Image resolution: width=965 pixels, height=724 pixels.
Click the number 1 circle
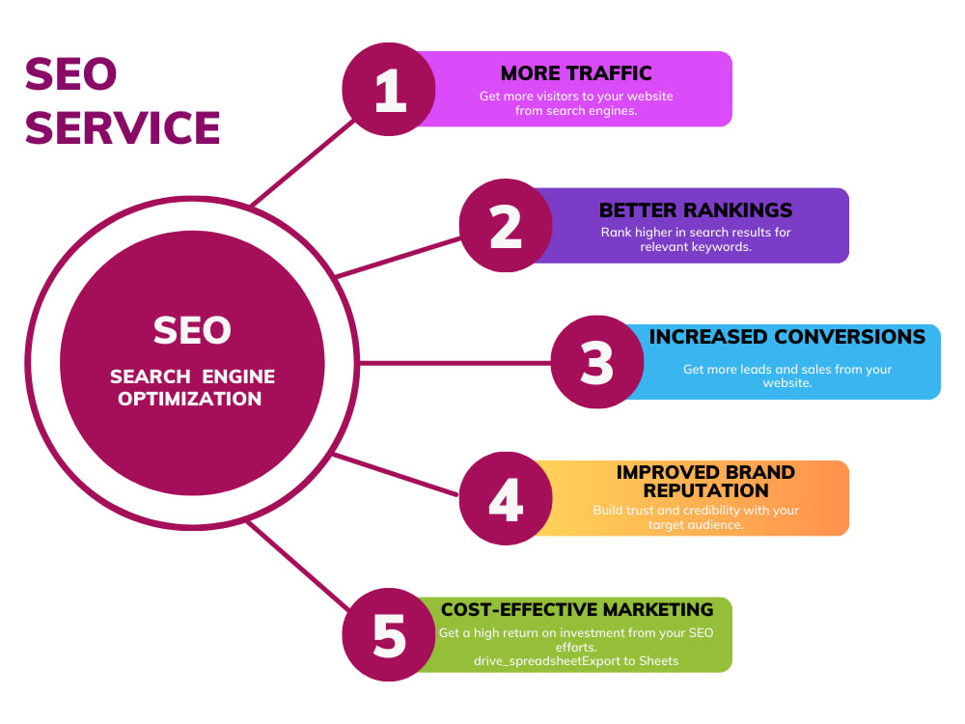point(389,89)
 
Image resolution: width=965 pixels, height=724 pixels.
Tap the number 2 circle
point(506,225)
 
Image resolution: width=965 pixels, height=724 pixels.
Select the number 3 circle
point(597,362)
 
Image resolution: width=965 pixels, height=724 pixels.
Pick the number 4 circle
point(506,498)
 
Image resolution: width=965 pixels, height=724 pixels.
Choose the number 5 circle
point(389,635)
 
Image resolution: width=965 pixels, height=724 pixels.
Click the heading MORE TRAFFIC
point(576,73)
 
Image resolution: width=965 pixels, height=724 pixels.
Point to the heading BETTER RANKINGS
point(696,209)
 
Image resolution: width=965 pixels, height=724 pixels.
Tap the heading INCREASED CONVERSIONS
point(787,337)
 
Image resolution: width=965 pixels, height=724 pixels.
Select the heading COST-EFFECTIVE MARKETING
point(577,609)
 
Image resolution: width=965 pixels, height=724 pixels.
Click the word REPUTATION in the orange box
point(706,490)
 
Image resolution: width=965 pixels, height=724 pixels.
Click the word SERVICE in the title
point(123,128)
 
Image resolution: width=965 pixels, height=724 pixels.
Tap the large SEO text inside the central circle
point(192,330)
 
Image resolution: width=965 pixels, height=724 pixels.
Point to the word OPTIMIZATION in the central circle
point(189,399)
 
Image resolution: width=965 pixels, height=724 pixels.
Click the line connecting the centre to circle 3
point(455,363)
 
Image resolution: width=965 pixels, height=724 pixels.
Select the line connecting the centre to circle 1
point(303,162)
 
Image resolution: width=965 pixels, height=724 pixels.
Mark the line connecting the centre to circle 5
point(298,566)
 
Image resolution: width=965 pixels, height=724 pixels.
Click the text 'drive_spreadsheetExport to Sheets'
point(576,661)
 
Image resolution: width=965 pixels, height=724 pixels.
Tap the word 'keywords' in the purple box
point(724,247)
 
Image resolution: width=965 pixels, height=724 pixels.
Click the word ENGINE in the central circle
point(238,376)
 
